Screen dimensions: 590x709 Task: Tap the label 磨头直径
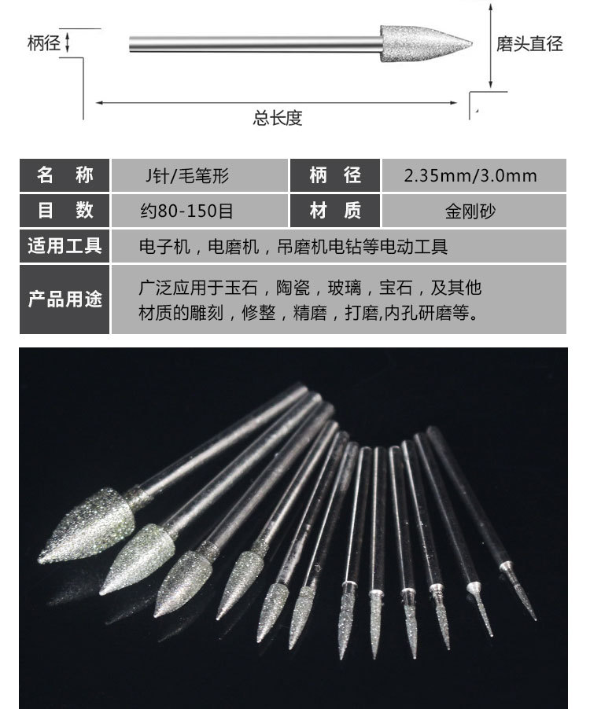pyautogui.click(x=529, y=43)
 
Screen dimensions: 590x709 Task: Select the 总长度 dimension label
pyautogui.click(x=277, y=118)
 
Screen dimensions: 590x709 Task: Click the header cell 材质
pyautogui.click(x=335, y=211)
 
